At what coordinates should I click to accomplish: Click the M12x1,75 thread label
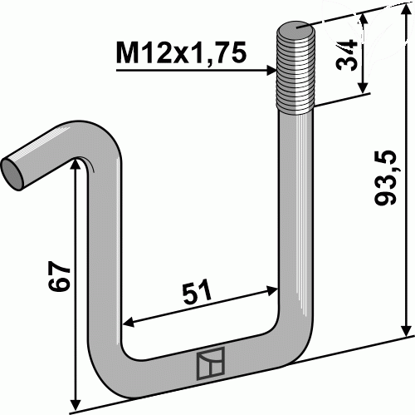[181, 52]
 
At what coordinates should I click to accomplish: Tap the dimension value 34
[346, 55]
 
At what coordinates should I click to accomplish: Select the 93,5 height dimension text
[385, 178]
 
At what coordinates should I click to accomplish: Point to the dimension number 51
[197, 291]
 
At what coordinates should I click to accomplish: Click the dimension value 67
[59, 276]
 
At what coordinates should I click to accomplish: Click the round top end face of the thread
[295, 29]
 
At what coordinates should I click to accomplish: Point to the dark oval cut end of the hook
[12, 175]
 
